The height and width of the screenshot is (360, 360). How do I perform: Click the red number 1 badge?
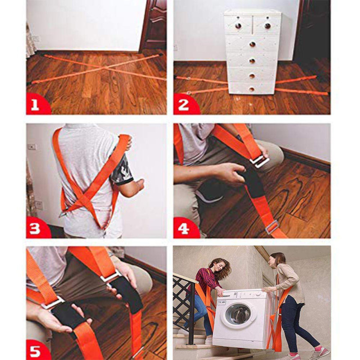(x=37, y=104)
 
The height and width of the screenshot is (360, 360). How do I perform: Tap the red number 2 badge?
(x=185, y=104)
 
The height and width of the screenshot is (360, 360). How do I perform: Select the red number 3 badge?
(x=37, y=228)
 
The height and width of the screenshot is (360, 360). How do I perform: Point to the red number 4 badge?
(x=185, y=228)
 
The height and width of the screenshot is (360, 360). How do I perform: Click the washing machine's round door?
(x=238, y=314)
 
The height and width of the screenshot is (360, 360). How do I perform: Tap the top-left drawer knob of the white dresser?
(x=238, y=26)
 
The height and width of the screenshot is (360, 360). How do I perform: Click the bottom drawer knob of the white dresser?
(x=252, y=89)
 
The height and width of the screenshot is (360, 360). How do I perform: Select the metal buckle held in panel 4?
(x=260, y=161)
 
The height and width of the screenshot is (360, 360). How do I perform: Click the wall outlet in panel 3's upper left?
(x=31, y=147)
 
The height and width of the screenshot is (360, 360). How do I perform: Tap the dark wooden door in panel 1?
(x=153, y=25)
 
